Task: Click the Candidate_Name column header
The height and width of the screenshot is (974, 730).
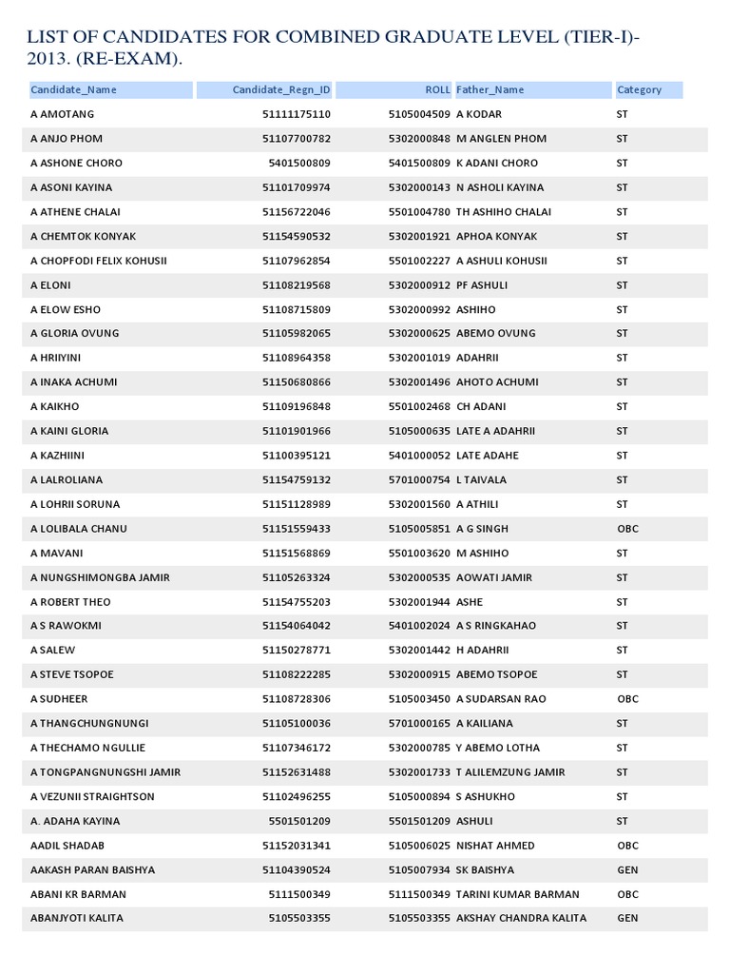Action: [x=73, y=90]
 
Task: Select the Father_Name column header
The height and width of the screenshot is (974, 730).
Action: [x=490, y=90]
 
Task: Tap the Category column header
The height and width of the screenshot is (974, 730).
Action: [x=639, y=90]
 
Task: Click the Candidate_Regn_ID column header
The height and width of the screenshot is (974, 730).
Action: [x=281, y=90]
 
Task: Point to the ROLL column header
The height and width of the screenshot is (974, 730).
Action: [x=437, y=90]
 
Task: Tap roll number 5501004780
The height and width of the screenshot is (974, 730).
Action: [x=419, y=212]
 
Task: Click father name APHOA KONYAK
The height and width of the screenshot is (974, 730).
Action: [x=496, y=236]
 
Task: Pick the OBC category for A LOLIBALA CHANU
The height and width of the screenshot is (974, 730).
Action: [x=625, y=529]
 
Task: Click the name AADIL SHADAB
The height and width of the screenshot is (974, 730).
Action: [x=67, y=846]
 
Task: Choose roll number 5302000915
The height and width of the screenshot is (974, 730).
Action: [x=419, y=675]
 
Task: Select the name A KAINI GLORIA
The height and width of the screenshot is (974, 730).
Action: [x=69, y=431]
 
